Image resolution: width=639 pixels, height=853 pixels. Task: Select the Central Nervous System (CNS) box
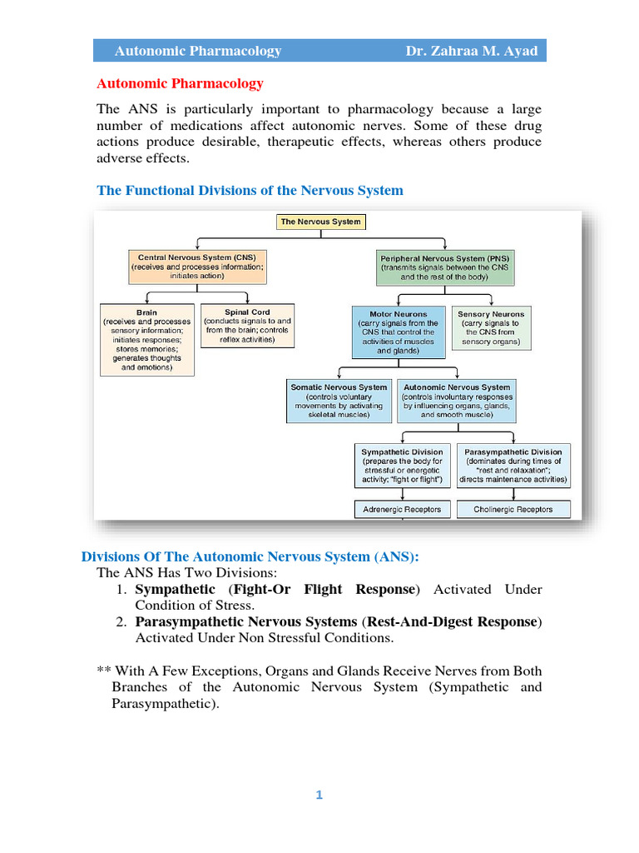(197, 267)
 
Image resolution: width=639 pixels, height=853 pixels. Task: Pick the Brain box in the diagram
(146, 340)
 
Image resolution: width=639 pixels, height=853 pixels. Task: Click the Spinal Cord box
(236, 327)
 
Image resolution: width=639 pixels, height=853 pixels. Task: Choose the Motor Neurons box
(399, 332)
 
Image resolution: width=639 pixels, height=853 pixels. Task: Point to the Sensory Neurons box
(491, 327)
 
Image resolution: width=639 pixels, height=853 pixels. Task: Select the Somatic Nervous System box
(339, 401)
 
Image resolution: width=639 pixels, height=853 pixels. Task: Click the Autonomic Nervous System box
(457, 401)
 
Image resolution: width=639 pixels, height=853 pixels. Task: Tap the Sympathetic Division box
(403, 466)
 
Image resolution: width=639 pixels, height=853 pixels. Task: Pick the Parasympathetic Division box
(513, 466)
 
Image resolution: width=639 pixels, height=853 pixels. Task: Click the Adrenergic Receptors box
(403, 509)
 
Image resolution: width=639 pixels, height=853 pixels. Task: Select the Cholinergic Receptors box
(513, 509)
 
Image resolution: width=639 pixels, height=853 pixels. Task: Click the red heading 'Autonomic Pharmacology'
(181, 83)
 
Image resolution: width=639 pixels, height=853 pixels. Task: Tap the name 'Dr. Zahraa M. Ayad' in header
(471, 52)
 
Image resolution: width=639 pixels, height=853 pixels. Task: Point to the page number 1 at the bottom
(319, 795)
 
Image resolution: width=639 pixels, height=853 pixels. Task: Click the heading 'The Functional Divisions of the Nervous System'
(250, 191)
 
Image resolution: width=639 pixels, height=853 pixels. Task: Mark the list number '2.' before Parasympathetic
(122, 622)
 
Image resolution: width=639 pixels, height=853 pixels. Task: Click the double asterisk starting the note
(104, 671)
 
